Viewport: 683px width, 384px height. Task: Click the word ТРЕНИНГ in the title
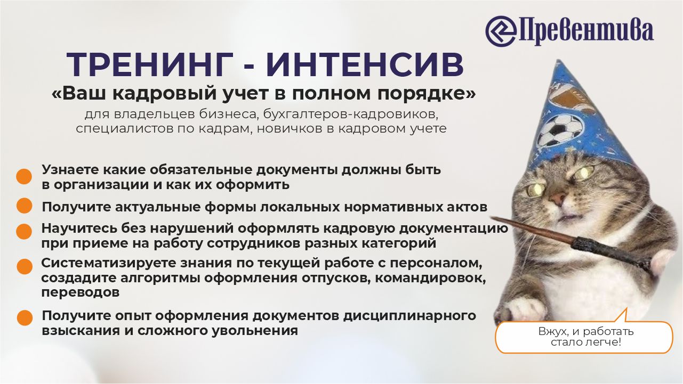click(150, 65)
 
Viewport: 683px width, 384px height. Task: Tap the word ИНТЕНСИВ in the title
click(365, 65)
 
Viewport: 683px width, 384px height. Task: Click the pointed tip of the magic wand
click(491, 217)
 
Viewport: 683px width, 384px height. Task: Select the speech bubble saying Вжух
click(584, 334)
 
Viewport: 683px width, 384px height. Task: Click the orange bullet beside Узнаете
click(24, 177)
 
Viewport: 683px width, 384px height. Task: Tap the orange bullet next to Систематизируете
click(25, 267)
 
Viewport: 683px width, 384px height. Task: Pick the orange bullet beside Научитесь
click(24, 232)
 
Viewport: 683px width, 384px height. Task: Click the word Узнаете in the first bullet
click(70, 169)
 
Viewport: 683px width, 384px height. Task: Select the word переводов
click(81, 293)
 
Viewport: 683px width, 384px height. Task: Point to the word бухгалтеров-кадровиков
click(351, 115)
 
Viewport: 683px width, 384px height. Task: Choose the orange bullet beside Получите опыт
click(25, 318)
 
